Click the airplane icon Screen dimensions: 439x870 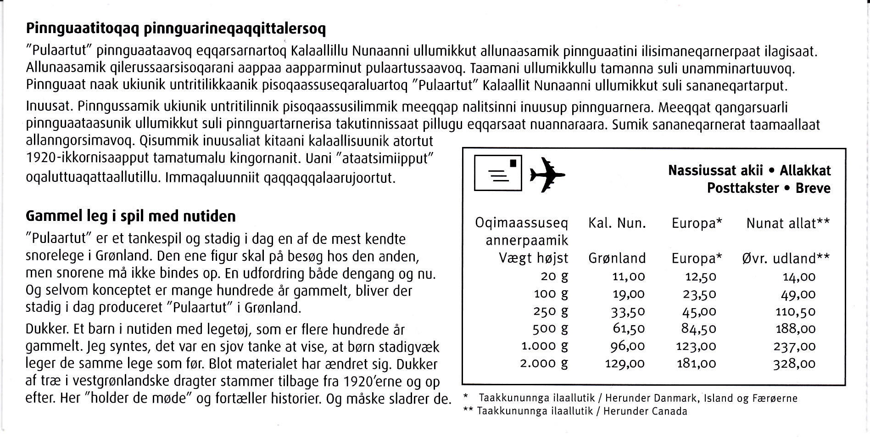547,174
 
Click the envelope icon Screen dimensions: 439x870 497,173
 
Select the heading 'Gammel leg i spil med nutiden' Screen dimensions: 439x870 131,216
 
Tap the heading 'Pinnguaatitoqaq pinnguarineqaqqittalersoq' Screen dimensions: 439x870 176,29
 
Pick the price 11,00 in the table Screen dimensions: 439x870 629,277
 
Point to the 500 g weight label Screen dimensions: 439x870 550,329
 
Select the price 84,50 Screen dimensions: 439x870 699,329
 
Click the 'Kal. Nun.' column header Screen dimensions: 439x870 617,224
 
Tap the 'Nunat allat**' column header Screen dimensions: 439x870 787,224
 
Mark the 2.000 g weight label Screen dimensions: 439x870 544,364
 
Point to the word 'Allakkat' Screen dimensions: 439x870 805,171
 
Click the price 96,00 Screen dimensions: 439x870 628,347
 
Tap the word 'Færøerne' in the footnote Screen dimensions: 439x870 775,399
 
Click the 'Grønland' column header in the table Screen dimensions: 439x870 617,259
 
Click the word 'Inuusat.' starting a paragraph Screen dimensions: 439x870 48,107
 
